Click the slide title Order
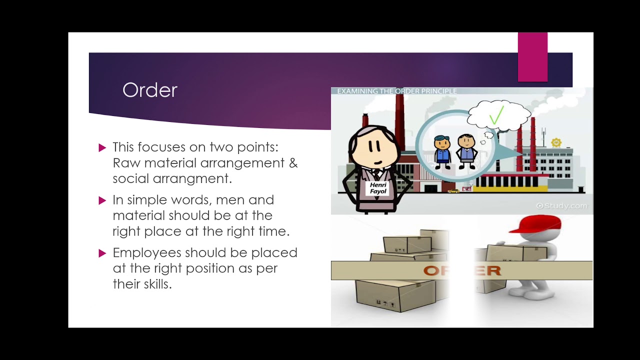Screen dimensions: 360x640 click(150, 90)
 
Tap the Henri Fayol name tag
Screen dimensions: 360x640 click(378, 188)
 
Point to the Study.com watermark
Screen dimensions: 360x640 click(561, 205)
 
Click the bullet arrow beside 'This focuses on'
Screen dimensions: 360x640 click(102, 147)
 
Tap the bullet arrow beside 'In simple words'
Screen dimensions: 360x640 click(102, 200)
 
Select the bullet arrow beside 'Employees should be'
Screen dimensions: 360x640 click(102, 253)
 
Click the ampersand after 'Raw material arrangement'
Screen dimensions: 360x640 click(293, 163)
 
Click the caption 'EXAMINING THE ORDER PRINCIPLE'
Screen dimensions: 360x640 click(396, 91)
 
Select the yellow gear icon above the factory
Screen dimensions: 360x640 click(556, 142)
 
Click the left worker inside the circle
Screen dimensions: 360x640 click(442, 150)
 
